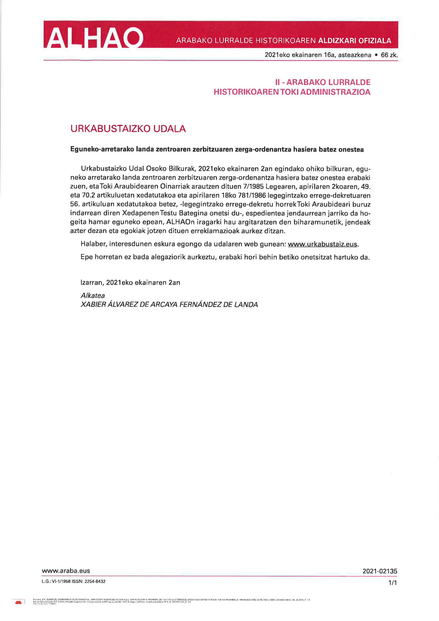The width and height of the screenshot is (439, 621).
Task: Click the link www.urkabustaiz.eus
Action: tap(323, 244)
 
